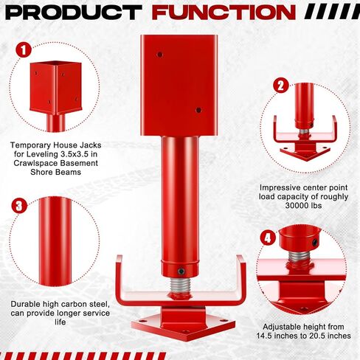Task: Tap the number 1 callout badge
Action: pos(24,50)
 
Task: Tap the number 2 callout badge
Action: pos(280,85)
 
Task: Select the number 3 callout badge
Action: pos(21,204)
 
